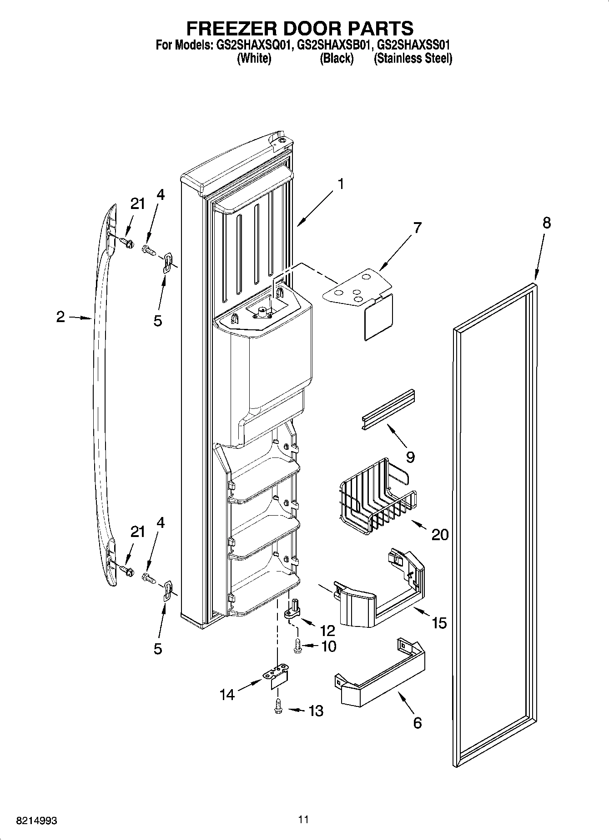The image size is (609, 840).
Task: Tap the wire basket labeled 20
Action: click(377, 497)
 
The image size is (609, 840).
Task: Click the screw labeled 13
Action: click(278, 709)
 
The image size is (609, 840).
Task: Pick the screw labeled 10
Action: click(298, 646)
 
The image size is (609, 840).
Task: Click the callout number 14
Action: click(227, 694)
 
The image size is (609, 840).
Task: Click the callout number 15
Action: click(439, 622)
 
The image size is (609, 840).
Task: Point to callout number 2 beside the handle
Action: click(60, 317)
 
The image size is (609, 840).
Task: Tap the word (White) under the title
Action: click(254, 59)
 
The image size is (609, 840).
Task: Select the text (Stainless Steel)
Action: click(413, 59)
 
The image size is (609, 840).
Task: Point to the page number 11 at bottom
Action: click(304, 820)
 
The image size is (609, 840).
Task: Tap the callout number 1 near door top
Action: click(340, 184)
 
